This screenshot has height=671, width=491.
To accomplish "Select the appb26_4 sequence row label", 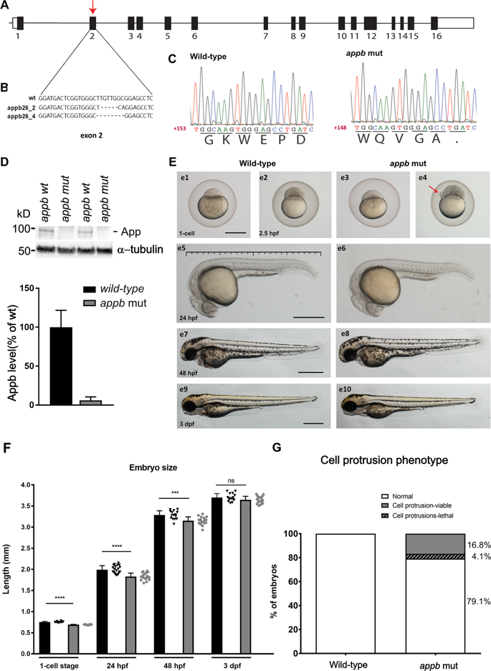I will point(18,114).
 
